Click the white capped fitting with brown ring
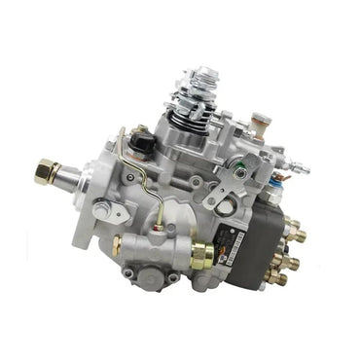pyautogui.click(x=259, y=121)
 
